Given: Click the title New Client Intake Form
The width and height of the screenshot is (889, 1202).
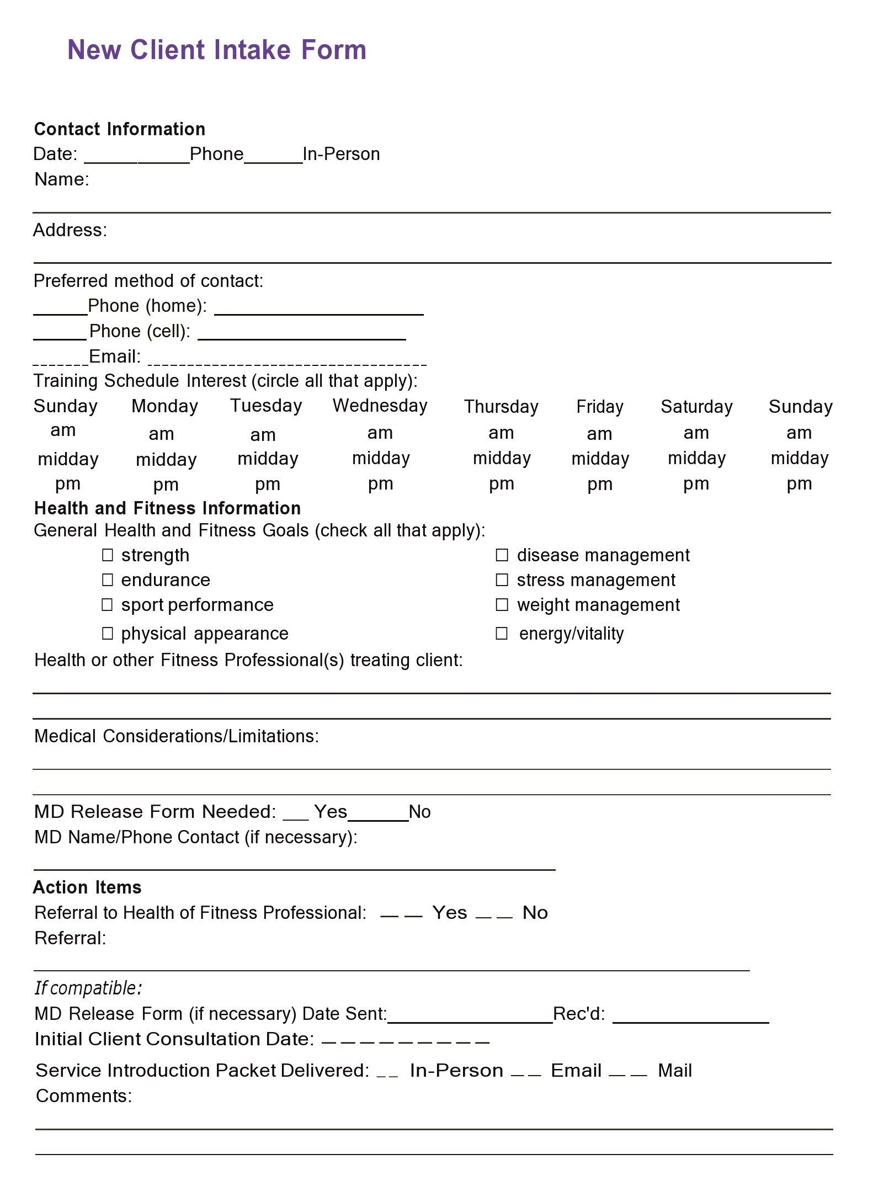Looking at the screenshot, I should click(x=217, y=50).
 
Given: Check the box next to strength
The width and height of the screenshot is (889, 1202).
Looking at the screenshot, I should click(x=108, y=555).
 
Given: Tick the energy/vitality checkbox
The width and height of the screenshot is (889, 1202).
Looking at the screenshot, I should click(x=502, y=633).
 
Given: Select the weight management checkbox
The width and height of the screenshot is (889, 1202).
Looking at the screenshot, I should click(x=502, y=605).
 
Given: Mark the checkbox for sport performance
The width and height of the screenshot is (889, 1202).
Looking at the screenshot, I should click(x=108, y=605).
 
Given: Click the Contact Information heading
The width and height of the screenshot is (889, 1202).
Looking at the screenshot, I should click(x=120, y=129).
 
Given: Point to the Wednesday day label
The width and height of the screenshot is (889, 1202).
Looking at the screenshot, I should click(x=380, y=406).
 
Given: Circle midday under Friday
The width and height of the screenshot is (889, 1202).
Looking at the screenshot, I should click(x=600, y=459).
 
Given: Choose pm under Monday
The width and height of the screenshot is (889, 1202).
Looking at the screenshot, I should click(x=166, y=485).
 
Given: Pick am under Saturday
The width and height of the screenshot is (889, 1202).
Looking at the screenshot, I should click(x=696, y=433).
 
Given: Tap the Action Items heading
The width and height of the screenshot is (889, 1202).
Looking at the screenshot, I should click(x=87, y=887).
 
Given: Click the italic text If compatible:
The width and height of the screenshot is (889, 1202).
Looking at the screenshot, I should click(x=88, y=988).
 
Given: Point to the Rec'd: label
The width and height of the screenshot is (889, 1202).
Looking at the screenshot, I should click(x=579, y=1014).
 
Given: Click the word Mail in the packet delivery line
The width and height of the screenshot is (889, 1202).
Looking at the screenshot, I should click(x=674, y=1071).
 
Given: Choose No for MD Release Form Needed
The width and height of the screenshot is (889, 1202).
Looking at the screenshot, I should click(x=419, y=812).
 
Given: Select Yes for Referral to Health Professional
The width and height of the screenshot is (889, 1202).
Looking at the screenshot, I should click(x=449, y=913).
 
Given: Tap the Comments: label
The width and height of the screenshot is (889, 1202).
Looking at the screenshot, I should click(x=84, y=1096).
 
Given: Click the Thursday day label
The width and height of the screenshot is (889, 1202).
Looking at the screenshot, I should click(x=501, y=407).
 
